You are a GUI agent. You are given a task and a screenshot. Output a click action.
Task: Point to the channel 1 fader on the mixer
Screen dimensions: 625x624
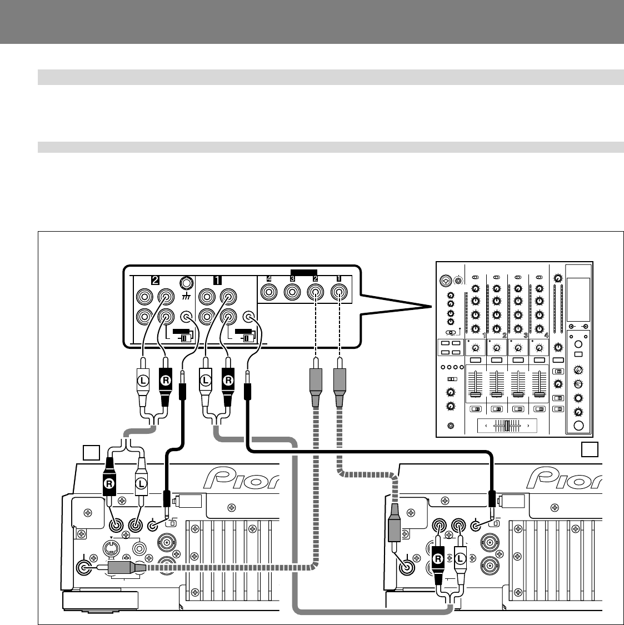(x=476, y=394)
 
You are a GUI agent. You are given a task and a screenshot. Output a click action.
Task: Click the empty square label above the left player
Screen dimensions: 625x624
(x=91, y=453)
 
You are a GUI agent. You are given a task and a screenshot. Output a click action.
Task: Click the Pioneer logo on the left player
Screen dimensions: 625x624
(x=242, y=478)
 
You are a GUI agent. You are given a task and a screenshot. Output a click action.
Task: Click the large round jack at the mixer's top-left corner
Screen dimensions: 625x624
(x=445, y=280)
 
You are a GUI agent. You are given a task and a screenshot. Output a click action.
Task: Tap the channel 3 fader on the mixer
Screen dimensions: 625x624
(x=518, y=394)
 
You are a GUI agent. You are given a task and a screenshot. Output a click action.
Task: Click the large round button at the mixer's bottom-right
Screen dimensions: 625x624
(x=579, y=427)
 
